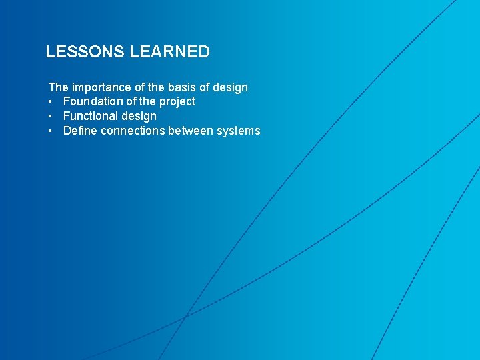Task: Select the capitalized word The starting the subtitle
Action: coord(58,87)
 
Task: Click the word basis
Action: coord(181,87)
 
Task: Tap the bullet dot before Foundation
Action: coord(51,102)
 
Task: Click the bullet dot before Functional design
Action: coord(51,117)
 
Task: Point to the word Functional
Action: coord(89,116)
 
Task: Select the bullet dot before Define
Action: coord(51,131)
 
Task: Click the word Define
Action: coord(80,131)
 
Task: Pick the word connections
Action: coord(133,131)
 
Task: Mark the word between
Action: coord(191,131)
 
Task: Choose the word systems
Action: coord(239,131)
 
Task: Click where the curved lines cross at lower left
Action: coord(185,316)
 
